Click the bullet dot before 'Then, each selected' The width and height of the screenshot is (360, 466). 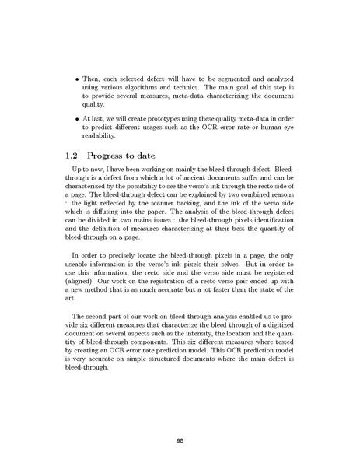[x=75, y=81]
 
